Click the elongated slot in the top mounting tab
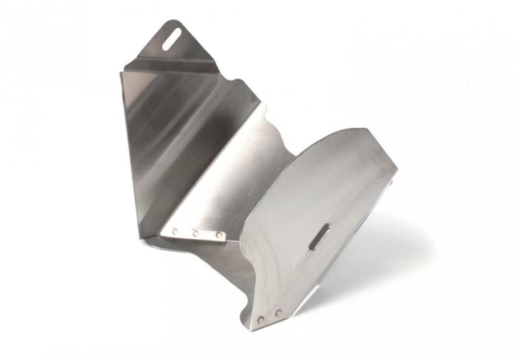(173, 38)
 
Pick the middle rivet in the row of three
(196, 232)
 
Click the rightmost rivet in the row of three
(219, 235)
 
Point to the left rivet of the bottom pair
(261, 319)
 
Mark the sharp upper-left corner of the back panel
(121, 72)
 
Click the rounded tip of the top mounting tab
(180, 23)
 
